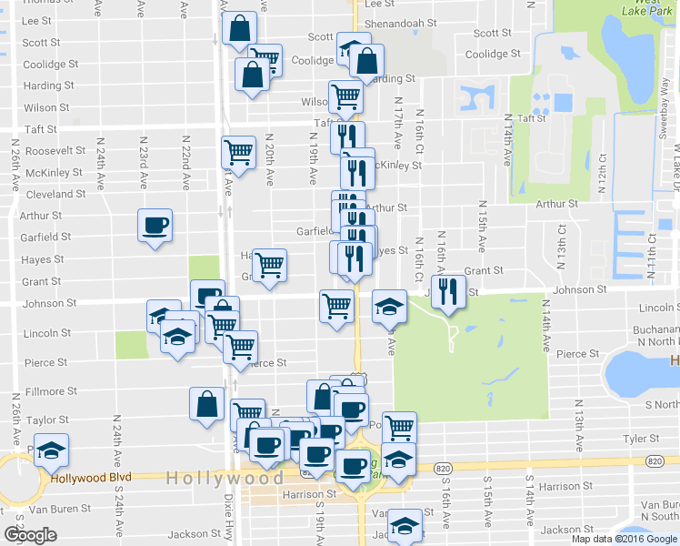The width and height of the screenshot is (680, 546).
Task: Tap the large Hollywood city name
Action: point(225,478)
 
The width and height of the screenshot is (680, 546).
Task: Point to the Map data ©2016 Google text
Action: point(624,538)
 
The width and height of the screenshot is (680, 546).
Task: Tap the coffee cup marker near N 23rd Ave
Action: point(155,225)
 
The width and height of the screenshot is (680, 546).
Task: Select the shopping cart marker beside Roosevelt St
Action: point(238,152)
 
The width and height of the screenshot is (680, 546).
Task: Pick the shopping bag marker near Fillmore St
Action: point(206,404)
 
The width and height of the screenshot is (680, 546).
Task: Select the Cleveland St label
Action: point(56,195)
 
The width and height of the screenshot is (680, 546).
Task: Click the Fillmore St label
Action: point(51,392)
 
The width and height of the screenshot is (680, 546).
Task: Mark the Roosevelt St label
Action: point(55,151)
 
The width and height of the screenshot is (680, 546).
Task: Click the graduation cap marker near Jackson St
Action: point(405,525)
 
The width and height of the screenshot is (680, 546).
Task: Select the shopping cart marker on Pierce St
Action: point(241,347)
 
